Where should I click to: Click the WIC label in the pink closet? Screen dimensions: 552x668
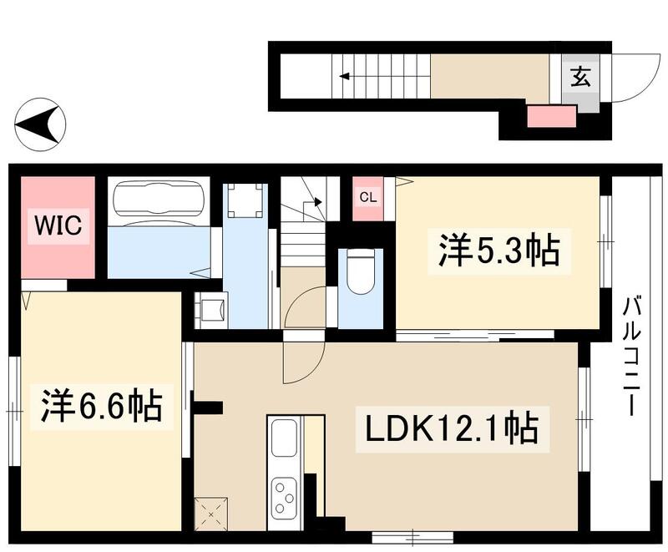point(58,228)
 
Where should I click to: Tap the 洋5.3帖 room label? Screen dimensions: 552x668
point(498,250)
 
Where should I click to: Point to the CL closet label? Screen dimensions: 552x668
point(367,198)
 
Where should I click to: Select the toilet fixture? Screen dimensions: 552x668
point(361,274)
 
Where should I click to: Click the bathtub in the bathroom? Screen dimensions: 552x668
point(158,201)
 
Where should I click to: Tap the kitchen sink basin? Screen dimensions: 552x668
point(284,437)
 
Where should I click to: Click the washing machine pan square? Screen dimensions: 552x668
point(245,200)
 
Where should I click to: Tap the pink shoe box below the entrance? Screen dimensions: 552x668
point(551,116)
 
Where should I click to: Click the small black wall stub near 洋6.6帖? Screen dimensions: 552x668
point(206,408)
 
